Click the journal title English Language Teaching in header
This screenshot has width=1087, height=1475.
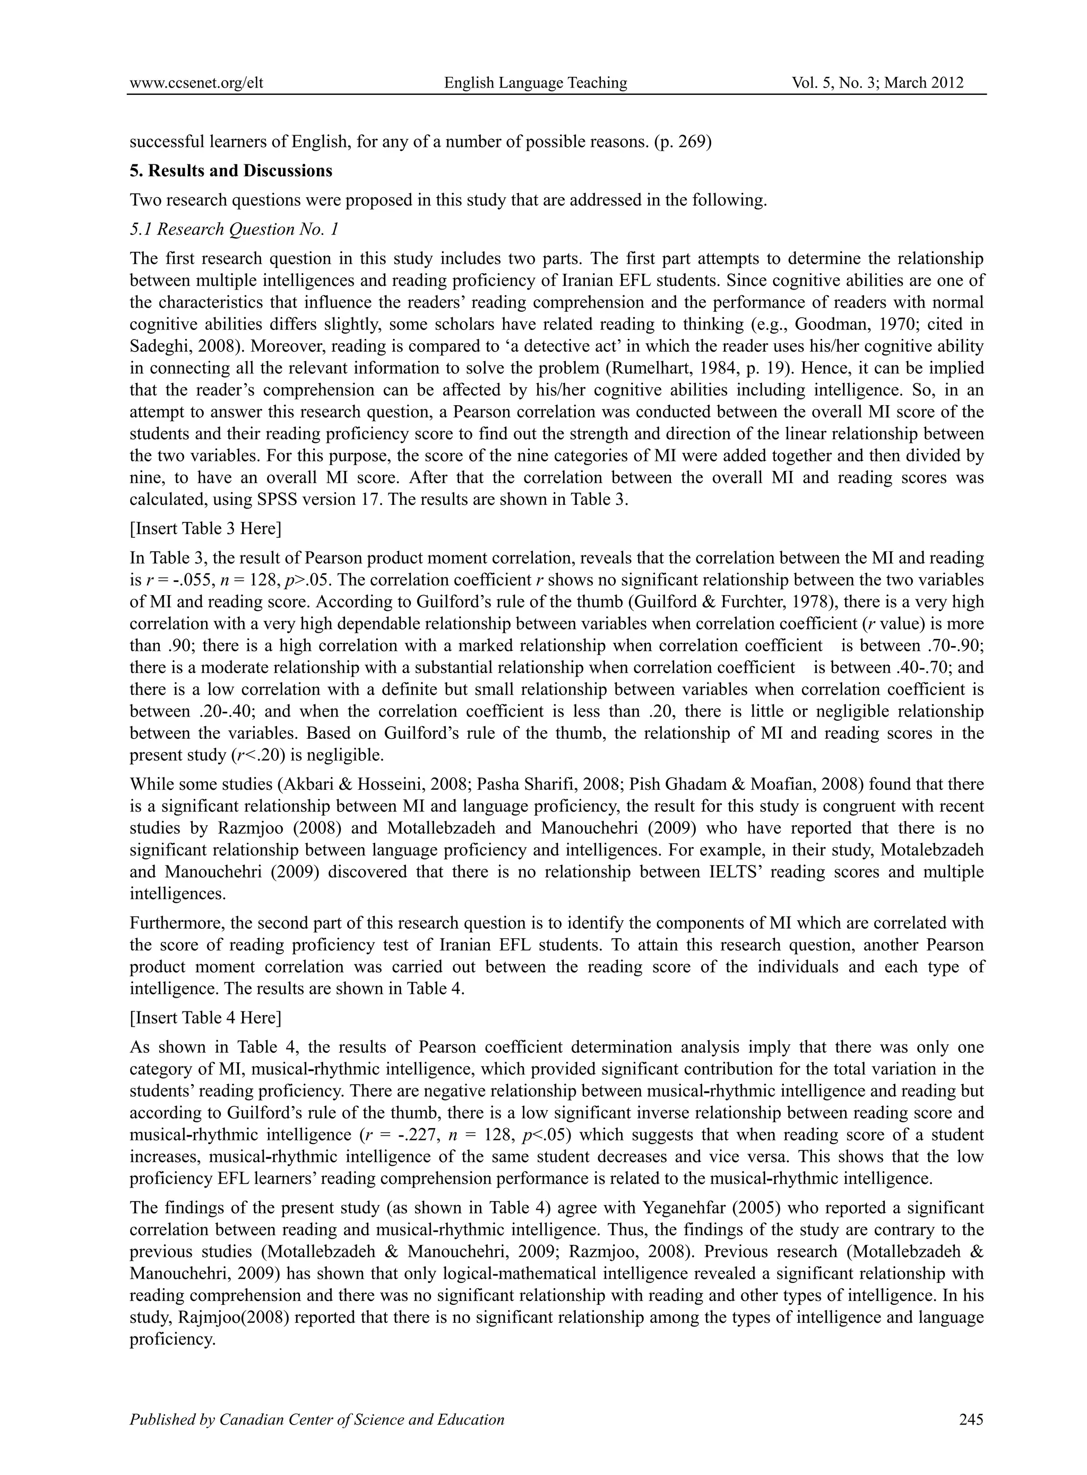click(x=536, y=82)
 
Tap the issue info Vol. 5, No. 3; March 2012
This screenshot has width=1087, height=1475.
click(x=878, y=82)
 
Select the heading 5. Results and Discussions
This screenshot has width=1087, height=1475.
click(x=231, y=171)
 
